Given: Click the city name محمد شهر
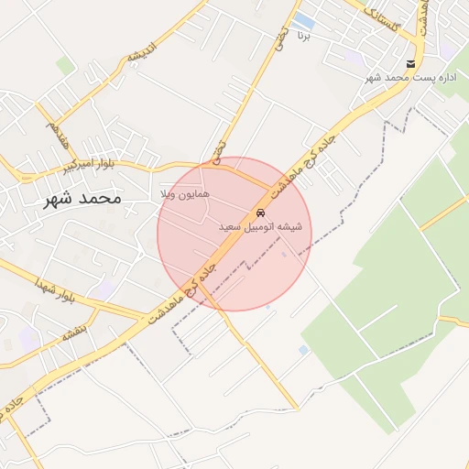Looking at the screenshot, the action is coord(82,197).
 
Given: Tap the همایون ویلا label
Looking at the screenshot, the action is coord(185,195).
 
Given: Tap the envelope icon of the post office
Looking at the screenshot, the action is coord(409,64).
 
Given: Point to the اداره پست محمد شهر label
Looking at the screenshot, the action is coord(409,78).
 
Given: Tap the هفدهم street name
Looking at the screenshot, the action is coord(57,134).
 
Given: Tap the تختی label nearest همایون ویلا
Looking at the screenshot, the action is coord(217,152).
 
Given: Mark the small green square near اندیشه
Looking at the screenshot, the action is coord(65,66).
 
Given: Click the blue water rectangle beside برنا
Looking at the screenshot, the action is coord(304,21).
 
